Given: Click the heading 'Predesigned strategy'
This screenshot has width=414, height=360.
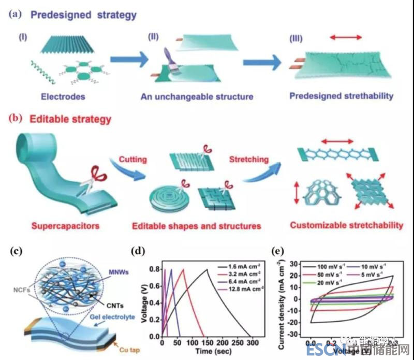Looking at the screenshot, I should pos(83,15).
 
